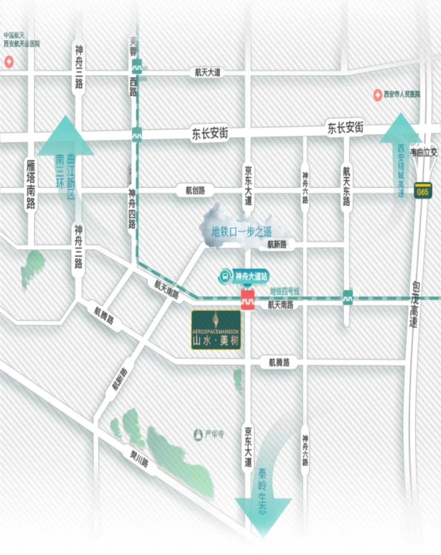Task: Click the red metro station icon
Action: pos(247,299)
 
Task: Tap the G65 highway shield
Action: pos(423,191)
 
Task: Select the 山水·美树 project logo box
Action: pos(216,330)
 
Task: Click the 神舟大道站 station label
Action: pos(251,276)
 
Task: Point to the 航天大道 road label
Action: pos(207,73)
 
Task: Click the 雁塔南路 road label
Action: pos(31,184)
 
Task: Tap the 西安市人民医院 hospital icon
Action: pos(378,95)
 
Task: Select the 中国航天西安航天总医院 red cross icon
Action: pos(9,62)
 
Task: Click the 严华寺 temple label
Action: pos(214,434)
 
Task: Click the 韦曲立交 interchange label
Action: pos(423,152)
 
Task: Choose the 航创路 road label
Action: pos(195,190)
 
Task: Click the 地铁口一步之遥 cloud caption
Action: pos(241,232)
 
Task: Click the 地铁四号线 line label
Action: pos(285,291)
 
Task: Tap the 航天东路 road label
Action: pos(346,186)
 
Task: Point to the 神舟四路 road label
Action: pos(132,208)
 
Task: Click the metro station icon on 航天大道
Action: pos(137,66)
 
